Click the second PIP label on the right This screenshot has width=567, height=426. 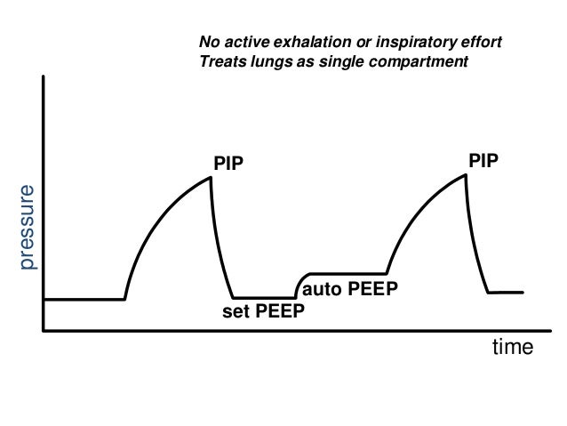click(x=483, y=159)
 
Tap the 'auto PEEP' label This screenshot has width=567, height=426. click(x=349, y=290)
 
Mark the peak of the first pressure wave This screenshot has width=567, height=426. click(x=211, y=177)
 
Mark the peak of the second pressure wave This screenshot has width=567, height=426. click(x=466, y=174)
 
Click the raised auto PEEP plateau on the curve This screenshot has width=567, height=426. click(x=347, y=273)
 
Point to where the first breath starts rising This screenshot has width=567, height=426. click(x=124, y=298)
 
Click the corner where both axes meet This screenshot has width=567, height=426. click(x=44, y=330)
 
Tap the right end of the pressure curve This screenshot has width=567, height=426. click(x=523, y=292)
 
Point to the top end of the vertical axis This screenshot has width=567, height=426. click(x=44, y=76)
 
